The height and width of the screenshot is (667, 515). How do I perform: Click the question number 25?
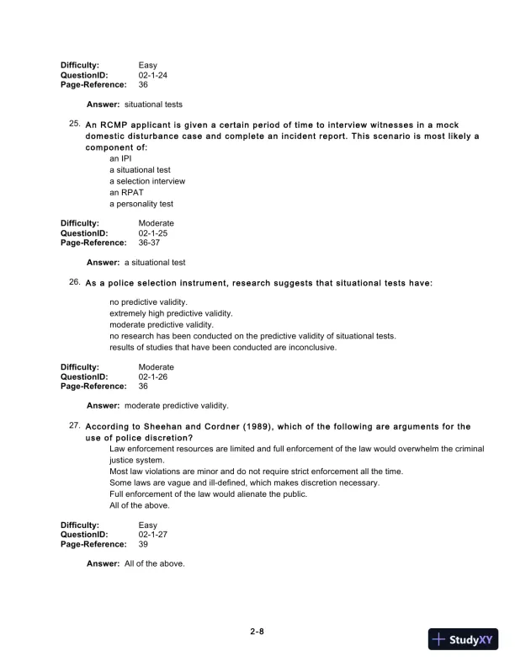74,124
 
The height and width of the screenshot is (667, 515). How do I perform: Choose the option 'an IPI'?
120,158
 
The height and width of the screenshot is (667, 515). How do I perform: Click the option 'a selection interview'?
147,181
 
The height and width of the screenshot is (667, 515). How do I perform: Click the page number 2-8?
257,630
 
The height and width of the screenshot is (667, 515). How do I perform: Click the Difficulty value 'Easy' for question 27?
148,524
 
